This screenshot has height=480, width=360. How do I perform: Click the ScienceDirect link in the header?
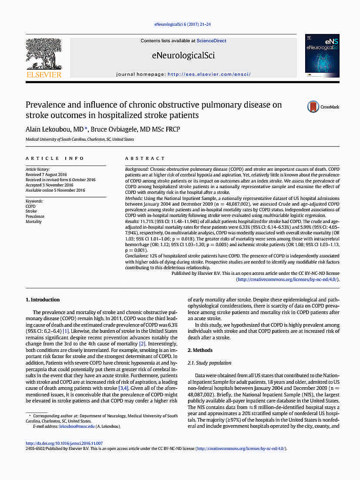tap(212, 41)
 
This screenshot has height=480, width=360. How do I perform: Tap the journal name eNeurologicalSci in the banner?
tap(183, 55)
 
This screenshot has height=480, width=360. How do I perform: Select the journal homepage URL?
tap(209, 74)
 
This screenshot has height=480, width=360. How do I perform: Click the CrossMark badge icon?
tap(313, 107)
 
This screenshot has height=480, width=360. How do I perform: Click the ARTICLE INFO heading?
tap(55, 159)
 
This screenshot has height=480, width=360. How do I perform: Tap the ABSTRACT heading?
tap(145, 159)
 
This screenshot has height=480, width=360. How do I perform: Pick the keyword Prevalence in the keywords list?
tap(35, 216)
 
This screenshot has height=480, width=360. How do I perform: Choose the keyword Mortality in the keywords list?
tap(34, 222)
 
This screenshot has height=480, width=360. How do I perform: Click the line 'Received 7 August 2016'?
tap(46, 175)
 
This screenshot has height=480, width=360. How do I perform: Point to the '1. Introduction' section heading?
tap(43, 300)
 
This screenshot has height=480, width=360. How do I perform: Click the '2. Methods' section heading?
tap(200, 350)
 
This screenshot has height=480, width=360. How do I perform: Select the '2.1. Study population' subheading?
tap(209, 363)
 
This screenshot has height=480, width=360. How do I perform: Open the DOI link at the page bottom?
tap(64, 443)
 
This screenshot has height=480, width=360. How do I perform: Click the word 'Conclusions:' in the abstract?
tap(137, 256)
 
